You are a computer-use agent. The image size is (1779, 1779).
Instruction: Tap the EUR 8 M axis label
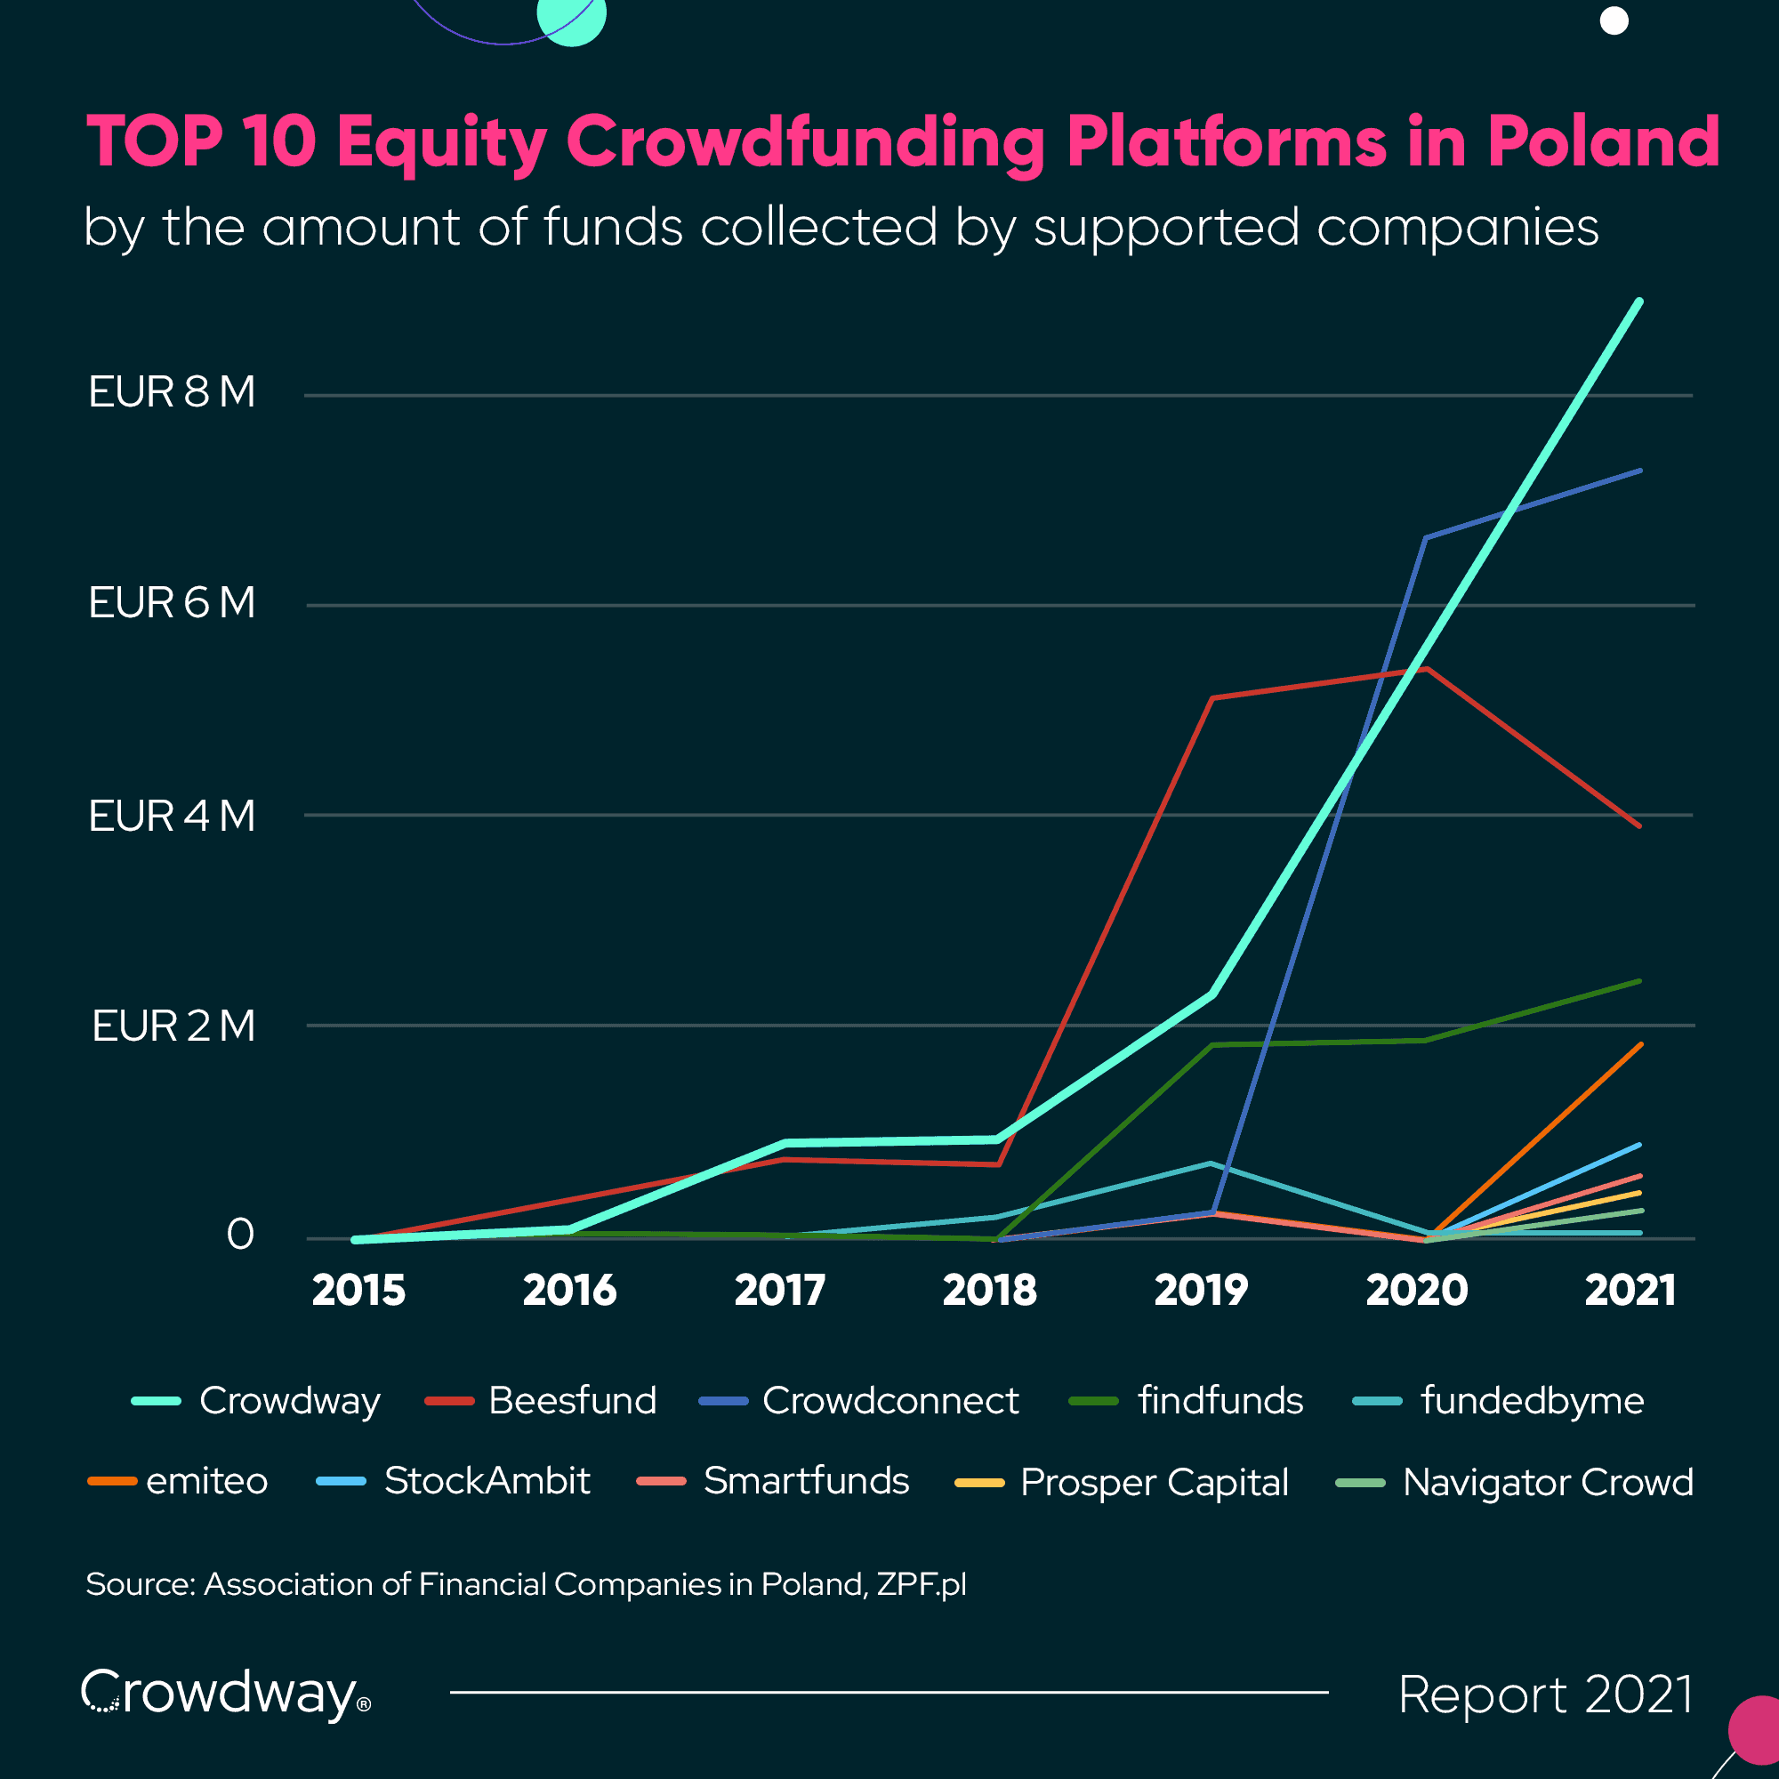[x=173, y=392]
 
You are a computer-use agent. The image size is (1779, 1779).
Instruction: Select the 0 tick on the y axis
[x=240, y=1234]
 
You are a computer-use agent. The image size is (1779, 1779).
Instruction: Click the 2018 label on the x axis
[x=990, y=1290]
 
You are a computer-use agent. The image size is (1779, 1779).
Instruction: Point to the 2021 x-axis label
[x=1630, y=1290]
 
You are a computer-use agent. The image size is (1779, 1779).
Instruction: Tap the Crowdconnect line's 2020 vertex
[x=1425, y=538]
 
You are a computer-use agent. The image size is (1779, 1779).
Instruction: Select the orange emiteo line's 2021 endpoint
[x=1641, y=1044]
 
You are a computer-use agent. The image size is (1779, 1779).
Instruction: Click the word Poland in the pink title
[x=1603, y=141]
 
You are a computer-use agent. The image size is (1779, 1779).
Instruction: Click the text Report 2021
[x=1545, y=1694]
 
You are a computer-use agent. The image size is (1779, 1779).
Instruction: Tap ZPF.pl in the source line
[x=921, y=1584]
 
